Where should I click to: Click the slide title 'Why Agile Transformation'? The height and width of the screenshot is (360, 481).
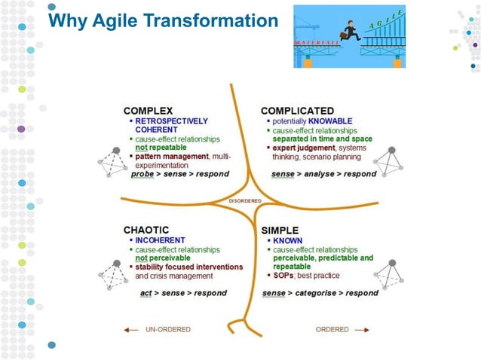pos(163,22)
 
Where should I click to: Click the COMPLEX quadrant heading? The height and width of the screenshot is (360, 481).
pos(148,111)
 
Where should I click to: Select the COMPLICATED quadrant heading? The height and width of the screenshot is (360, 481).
pos(297,111)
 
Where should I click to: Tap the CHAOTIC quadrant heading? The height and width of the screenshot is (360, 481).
pos(146,230)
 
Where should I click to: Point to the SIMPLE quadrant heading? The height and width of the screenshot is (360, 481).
pos(280,230)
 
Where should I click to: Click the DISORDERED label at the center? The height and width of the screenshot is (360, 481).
pos(245,201)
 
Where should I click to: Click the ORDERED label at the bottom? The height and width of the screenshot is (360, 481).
pos(332,329)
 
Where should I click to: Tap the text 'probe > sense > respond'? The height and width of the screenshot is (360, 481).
pos(179,174)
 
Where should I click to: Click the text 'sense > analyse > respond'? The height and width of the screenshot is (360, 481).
pos(324,174)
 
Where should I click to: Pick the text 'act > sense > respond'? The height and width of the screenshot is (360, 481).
pos(183,293)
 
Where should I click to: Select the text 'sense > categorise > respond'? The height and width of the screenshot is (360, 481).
pos(320,293)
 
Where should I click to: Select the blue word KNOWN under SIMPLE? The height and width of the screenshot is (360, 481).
pos(287,241)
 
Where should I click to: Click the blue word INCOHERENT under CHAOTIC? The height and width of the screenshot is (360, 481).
pos(160,241)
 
